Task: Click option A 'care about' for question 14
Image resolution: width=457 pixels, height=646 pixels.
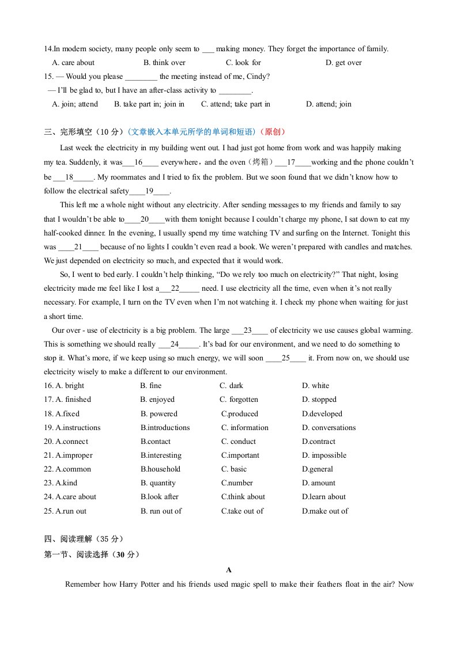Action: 73,63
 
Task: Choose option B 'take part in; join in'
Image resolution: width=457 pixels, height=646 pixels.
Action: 149,104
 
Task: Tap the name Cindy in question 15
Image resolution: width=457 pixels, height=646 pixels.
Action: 259,77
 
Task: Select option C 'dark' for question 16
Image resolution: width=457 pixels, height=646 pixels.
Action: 232,386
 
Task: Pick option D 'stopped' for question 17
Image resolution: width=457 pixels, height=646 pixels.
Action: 319,400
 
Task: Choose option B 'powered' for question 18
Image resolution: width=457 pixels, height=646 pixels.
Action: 159,414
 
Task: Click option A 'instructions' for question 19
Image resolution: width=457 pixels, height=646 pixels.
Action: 78,428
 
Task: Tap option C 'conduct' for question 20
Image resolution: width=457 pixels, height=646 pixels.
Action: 239,442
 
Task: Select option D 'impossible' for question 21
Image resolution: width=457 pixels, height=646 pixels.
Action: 324,455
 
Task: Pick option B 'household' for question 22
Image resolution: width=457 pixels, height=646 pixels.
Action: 160,469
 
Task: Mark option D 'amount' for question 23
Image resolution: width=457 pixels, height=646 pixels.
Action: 319,483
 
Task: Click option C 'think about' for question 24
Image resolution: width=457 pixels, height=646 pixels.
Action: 243,497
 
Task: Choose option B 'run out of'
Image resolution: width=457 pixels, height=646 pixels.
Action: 161,511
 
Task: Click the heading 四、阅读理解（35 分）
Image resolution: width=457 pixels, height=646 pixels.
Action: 84,539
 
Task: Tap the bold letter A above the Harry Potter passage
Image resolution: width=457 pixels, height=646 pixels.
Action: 229,570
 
